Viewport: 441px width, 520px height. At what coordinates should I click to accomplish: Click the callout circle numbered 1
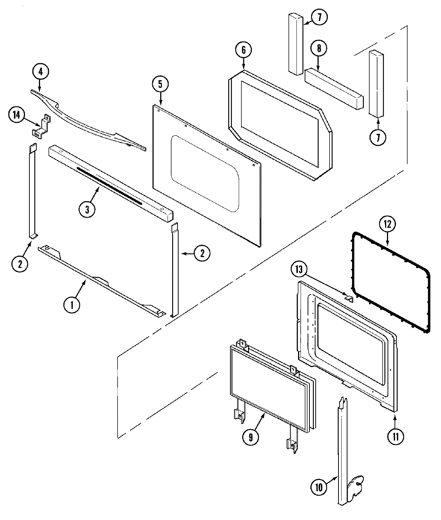[x=72, y=304]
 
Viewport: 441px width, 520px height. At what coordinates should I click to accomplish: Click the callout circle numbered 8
[x=318, y=48]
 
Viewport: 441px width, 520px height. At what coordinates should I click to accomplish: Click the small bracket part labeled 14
[x=40, y=127]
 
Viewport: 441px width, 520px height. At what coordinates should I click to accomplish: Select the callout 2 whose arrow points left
[x=202, y=253]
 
